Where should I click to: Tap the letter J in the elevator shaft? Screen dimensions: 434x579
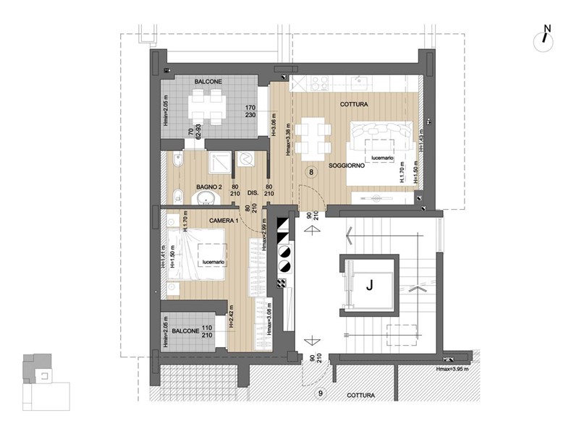[369, 286]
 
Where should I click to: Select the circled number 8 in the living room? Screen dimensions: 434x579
[310, 172]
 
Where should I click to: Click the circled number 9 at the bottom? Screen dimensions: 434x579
[321, 393]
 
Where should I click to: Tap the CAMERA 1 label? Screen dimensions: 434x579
[225, 219]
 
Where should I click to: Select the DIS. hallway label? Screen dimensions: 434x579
[253, 193]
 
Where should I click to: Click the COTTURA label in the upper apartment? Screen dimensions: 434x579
[355, 104]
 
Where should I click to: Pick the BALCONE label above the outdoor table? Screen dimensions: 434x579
[208, 82]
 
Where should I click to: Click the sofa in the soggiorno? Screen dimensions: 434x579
[383, 135]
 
